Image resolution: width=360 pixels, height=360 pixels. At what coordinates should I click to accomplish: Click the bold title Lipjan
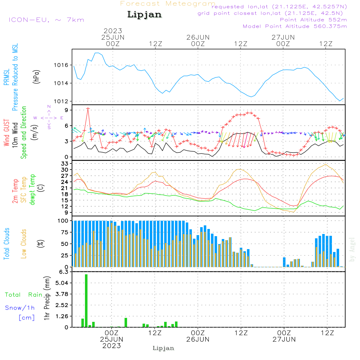coord(144,15)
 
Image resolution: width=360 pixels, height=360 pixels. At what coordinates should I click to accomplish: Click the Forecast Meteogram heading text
coord(168,4)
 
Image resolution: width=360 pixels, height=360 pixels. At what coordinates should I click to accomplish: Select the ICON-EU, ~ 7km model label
coord(46,20)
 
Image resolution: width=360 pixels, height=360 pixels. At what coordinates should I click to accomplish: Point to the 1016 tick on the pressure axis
coord(62,65)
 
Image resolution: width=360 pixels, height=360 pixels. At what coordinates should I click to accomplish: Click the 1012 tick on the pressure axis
coord(62,101)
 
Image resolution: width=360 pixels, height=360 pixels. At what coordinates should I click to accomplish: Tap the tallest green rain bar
coord(86,301)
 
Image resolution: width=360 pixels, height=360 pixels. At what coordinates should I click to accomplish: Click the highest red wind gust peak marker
coord(88,108)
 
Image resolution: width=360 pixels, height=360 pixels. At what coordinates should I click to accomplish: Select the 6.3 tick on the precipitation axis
coord(64,272)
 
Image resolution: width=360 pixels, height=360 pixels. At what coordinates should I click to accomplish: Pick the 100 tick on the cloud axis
coord(63,221)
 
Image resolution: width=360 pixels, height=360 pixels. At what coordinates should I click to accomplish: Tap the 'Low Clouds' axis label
coord(24,243)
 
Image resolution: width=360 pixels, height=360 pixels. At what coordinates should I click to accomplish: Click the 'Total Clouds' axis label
coord(7,243)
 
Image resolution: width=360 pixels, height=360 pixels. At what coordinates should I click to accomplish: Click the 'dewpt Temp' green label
coord(32,190)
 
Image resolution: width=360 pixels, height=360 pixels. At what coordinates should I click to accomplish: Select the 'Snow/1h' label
coord(20,308)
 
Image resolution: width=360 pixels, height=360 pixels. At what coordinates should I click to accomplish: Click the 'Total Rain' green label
coord(24,295)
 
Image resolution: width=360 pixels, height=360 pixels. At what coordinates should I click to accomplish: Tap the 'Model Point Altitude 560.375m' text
coord(295,26)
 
